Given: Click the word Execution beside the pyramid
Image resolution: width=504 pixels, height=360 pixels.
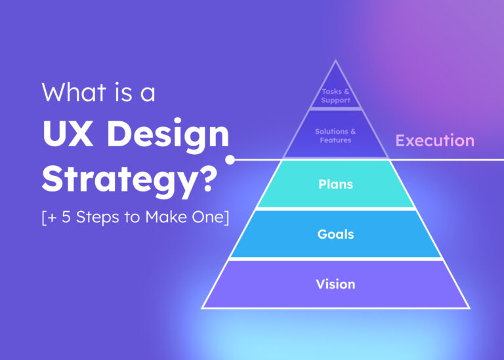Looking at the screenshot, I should tap(434, 140).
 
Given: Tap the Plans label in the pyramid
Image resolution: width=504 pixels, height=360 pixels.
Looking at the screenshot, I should tap(335, 184).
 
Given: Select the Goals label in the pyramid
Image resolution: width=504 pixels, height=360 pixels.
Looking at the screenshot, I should tap(335, 234).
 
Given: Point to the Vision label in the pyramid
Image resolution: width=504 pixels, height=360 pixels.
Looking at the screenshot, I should tap(335, 284).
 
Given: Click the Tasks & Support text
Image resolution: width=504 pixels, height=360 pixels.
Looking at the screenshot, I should tap(335, 96).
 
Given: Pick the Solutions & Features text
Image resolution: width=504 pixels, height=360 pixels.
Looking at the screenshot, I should tap(335, 136).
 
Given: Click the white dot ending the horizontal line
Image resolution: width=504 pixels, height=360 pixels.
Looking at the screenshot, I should tap(230, 159).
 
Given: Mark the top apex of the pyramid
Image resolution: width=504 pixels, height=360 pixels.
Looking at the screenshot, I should tap(335, 61).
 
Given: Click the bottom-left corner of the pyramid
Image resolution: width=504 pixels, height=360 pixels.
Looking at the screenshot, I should tap(202, 308).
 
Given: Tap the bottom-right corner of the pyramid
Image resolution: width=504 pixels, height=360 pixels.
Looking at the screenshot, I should tap(469, 308).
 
